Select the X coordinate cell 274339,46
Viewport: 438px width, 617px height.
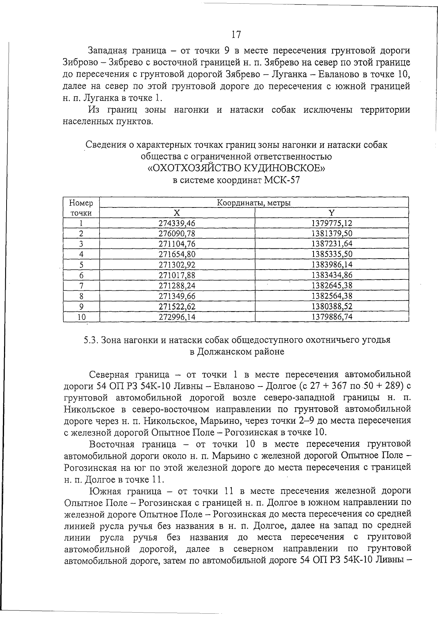(177, 223)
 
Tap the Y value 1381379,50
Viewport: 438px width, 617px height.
(332, 233)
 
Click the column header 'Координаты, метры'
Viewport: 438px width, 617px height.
(254, 203)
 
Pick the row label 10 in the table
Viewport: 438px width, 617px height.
(81, 317)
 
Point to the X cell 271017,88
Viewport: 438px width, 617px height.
(177, 275)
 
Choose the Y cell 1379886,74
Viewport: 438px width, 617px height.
(332, 317)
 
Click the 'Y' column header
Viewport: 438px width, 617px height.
(332, 213)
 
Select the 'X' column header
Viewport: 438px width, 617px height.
(177, 213)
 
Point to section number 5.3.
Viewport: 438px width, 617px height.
(89, 340)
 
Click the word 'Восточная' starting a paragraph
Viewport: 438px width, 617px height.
(112, 444)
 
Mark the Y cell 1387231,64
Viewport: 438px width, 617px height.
(332, 244)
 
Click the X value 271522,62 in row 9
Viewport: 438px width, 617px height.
(177, 306)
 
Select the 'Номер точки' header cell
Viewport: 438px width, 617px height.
(81, 208)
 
